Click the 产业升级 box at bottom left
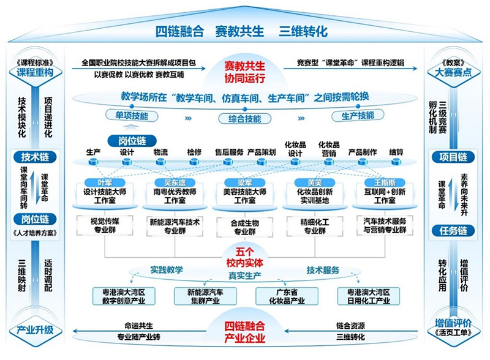(x=35, y=329)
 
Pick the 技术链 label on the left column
(x=35, y=157)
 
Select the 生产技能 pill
(x=358, y=116)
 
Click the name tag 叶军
(x=105, y=182)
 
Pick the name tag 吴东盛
(x=175, y=182)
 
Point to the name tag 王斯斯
(x=383, y=182)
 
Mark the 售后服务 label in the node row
(x=229, y=151)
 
